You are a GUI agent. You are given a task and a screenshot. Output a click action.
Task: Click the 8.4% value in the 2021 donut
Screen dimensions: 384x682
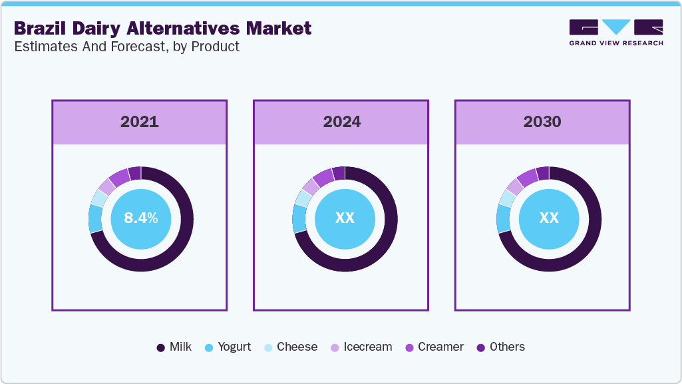coord(140,218)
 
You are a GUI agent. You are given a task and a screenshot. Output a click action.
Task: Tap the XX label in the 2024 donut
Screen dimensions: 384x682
coord(345,218)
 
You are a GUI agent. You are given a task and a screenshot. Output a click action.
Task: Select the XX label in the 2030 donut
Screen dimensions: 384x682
coord(548,218)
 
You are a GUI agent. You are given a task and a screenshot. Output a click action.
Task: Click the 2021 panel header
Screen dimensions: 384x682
coord(140,122)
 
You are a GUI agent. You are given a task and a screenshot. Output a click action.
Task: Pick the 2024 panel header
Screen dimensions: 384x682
coord(341,122)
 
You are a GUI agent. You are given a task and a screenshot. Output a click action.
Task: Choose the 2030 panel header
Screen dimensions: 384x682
coord(542,122)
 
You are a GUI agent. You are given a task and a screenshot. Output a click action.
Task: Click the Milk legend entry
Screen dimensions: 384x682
coord(174,347)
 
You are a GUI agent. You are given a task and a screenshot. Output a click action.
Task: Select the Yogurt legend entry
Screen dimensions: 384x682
coord(228,347)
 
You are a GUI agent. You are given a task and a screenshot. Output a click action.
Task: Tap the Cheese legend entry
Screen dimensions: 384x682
coord(290,347)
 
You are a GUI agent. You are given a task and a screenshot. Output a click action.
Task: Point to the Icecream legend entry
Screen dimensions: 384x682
coord(361,347)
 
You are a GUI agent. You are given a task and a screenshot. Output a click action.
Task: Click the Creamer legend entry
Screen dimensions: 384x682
coord(434,347)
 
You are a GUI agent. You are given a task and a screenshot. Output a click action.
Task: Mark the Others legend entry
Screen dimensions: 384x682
coord(501,347)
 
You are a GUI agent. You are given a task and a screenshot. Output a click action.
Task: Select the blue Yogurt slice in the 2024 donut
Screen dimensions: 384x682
coord(299,219)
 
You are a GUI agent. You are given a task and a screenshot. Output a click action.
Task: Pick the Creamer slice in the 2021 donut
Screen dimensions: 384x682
coord(120,177)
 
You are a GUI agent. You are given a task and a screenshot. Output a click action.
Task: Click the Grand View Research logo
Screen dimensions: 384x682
coord(615,32)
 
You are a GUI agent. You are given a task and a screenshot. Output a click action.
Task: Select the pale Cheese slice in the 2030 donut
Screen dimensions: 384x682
coord(506,198)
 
